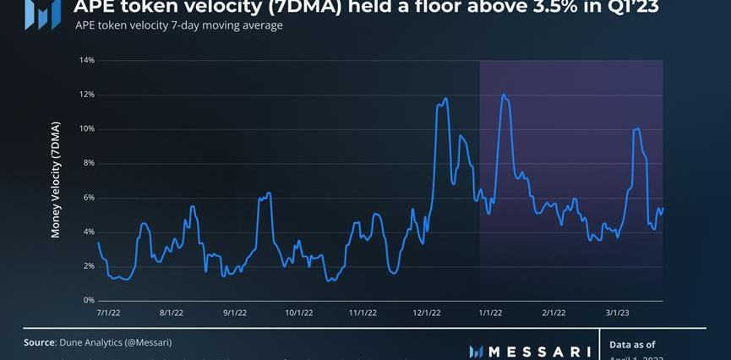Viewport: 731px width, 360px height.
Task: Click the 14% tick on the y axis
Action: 88,60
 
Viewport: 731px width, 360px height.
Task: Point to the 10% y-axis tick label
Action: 88,128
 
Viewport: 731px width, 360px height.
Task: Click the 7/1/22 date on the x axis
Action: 108,313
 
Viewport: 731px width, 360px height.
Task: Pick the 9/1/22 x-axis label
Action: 235,313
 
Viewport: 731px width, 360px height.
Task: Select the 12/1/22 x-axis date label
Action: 427,313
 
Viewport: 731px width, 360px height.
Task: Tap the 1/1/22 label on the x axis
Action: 490,313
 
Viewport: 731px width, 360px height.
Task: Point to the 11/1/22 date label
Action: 363,313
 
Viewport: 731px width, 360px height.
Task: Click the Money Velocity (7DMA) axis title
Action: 57,181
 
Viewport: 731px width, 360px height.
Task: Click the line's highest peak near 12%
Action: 503,95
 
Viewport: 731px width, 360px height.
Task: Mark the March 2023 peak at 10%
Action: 636,128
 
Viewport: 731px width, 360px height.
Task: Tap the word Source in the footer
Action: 40,342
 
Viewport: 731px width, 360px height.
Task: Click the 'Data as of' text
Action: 632,345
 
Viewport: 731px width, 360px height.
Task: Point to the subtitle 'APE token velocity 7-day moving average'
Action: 179,25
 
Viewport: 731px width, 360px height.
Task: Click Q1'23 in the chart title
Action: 630,8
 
